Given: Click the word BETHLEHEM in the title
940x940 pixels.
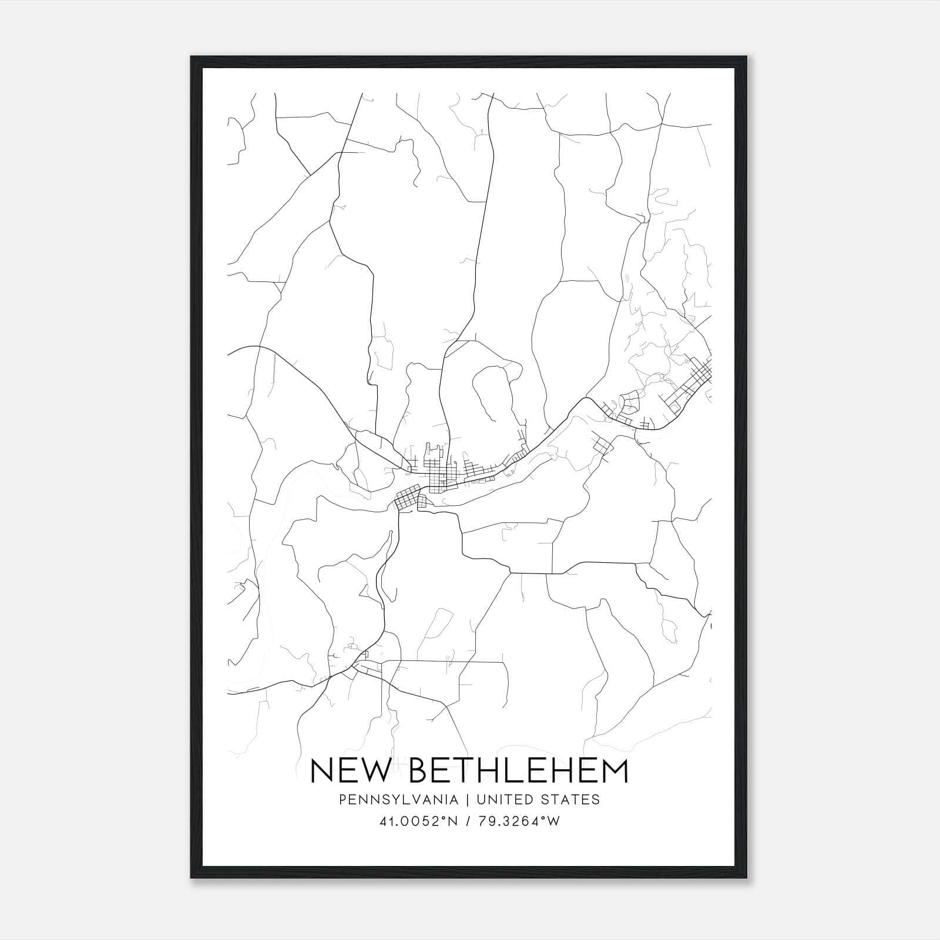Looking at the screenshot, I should point(518,771).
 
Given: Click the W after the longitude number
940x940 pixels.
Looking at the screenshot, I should point(553,821).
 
